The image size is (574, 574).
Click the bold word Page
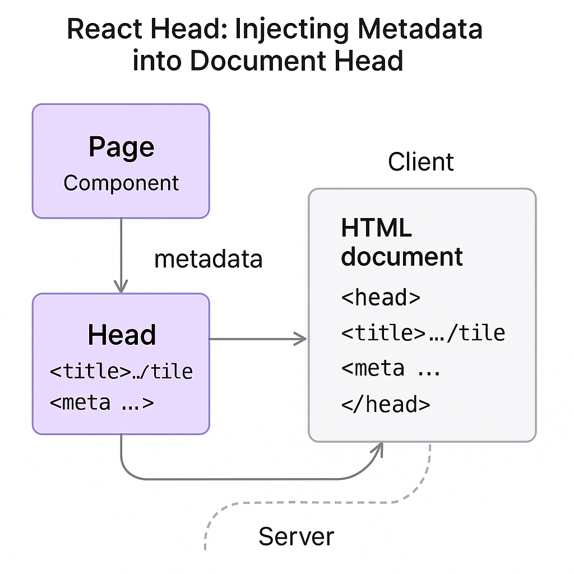[x=121, y=147]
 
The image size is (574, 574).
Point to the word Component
[x=121, y=183]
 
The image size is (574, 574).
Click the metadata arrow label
[x=208, y=259]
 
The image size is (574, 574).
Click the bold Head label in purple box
[x=122, y=335]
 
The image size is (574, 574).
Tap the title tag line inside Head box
[x=121, y=371]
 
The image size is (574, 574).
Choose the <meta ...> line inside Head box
[x=101, y=402]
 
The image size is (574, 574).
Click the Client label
[x=420, y=162]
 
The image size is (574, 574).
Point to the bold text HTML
[x=376, y=228]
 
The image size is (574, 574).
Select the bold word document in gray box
[x=402, y=257]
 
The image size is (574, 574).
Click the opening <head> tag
[x=381, y=297]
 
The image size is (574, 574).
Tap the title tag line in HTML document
[x=423, y=333]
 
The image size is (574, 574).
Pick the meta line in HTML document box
[x=391, y=368]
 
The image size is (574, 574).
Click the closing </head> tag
[x=386, y=404]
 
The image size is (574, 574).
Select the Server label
[x=296, y=536]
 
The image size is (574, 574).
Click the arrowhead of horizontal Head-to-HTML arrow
[x=301, y=339]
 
